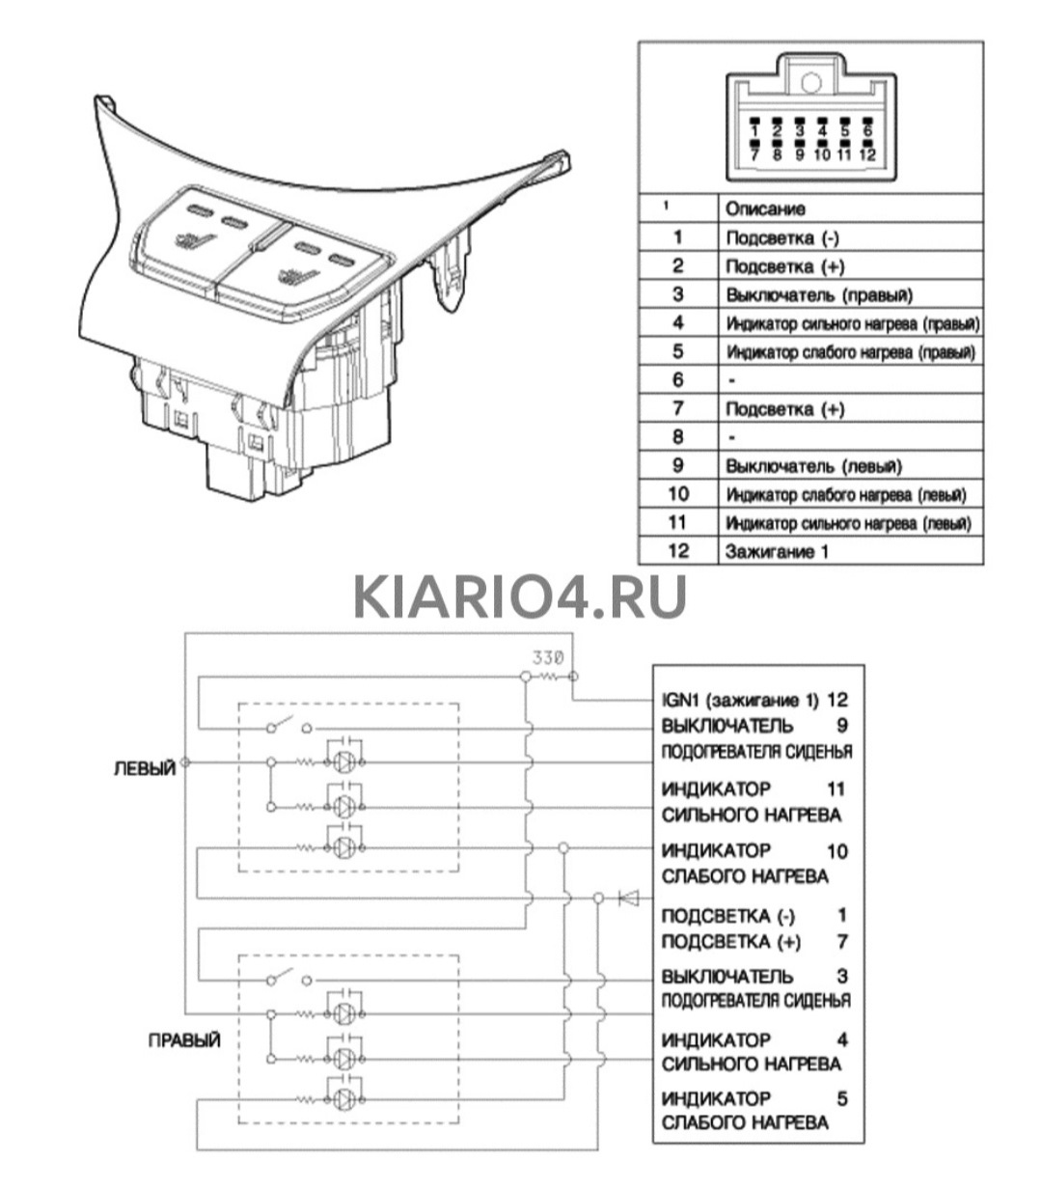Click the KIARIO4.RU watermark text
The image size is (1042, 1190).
(x=519, y=595)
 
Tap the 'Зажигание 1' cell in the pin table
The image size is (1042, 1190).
(x=776, y=551)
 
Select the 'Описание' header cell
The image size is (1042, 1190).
(x=764, y=208)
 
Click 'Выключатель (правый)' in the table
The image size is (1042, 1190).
(x=818, y=294)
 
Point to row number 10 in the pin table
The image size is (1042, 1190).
(x=677, y=494)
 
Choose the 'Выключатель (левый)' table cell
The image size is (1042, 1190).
(x=813, y=466)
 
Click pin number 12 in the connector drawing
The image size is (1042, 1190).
(x=866, y=153)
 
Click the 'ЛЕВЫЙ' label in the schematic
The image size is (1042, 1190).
(x=145, y=768)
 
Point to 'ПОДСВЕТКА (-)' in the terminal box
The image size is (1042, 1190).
(x=729, y=915)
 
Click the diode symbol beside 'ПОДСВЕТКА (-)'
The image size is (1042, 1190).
(x=629, y=899)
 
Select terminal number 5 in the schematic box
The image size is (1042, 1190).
(x=842, y=1097)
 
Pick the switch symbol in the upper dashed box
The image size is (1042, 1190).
(x=289, y=726)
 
